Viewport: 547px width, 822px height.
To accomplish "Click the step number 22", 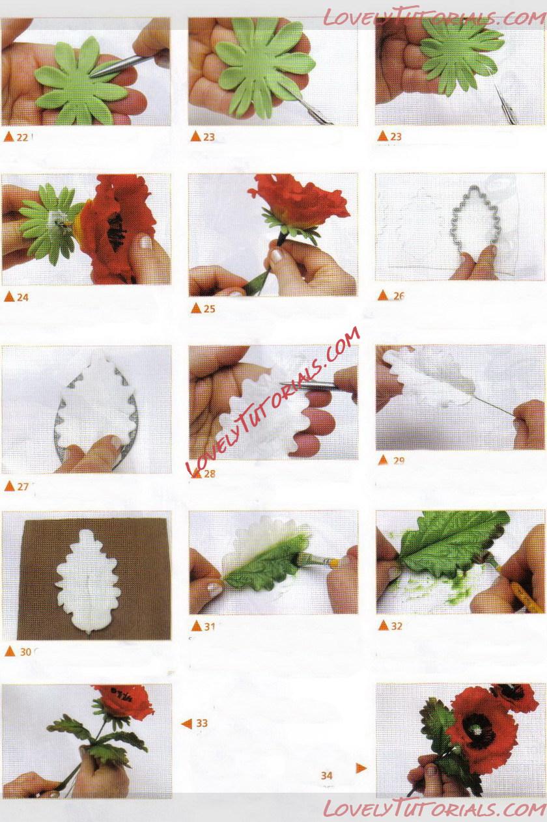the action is [x=22, y=137].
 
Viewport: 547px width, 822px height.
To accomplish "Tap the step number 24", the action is [x=23, y=297].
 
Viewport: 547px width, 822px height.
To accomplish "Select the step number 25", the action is [x=209, y=308].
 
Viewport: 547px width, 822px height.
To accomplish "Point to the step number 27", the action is [x=23, y=487].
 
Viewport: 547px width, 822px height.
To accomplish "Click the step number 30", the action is [x=25, y=652].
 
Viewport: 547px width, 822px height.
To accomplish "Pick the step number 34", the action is [x=327, y=775].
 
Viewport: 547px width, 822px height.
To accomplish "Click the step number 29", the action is [x=399, y=460].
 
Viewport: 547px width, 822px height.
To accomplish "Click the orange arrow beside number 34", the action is [x=361, y=768].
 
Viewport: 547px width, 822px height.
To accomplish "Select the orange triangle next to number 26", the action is [x=383, y=295].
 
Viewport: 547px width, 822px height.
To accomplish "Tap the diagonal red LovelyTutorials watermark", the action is [x=273, y=400].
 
